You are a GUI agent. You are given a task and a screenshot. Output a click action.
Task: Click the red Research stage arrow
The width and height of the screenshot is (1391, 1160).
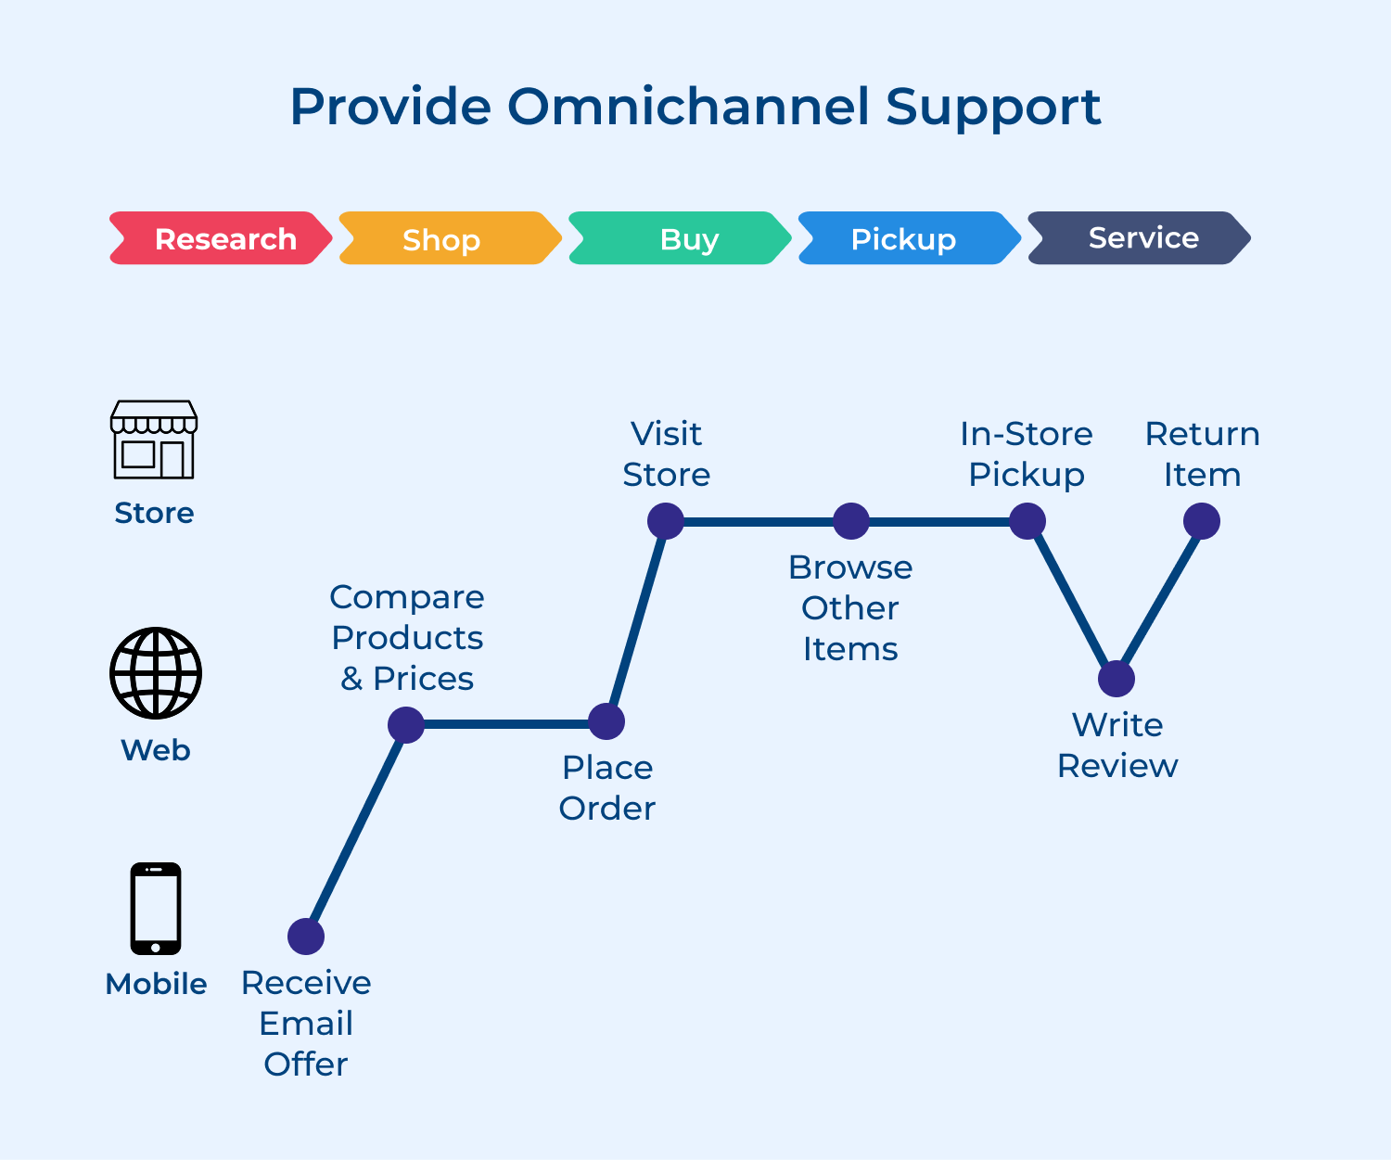point(221,238)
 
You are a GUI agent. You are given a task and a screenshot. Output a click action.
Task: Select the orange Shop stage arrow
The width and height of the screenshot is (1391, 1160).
point(450,238)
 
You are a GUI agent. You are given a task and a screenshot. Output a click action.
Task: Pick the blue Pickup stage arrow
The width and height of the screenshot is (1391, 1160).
point(909,238)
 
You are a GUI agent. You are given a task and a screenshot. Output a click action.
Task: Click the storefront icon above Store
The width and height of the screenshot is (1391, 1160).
point(154,440)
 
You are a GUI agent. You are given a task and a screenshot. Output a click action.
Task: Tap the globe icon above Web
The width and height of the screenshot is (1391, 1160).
point(156,673)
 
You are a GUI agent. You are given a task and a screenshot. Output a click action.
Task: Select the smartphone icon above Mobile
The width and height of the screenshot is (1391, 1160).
point(156,909)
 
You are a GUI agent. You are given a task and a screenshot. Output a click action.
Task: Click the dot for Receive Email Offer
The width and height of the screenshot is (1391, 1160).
point(306,937)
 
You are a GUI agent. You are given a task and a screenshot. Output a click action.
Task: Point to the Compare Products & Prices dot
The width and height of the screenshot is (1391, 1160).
point(406,724)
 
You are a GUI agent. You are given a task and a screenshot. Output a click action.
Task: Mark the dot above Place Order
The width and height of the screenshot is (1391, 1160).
point(606,721)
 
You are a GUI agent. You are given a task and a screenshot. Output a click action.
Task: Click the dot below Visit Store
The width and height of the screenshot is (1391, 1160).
point(666,521)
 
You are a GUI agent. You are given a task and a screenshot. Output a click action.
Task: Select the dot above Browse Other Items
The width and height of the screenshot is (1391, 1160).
point(851,521)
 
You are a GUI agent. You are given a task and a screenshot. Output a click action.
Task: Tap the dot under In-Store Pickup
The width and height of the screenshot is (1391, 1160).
point(1027,521)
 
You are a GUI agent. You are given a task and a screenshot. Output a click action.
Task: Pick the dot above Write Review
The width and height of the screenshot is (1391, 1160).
point(1117,679)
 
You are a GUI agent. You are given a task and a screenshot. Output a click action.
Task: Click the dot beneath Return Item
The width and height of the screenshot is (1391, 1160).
point(1202,521)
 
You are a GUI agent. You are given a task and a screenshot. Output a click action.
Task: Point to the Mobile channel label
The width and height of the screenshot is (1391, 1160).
point(156,984)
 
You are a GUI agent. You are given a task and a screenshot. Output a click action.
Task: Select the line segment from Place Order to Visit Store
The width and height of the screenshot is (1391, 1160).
point(636,621)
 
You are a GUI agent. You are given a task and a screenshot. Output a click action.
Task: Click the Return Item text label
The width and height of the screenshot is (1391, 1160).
point(1202,454)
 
